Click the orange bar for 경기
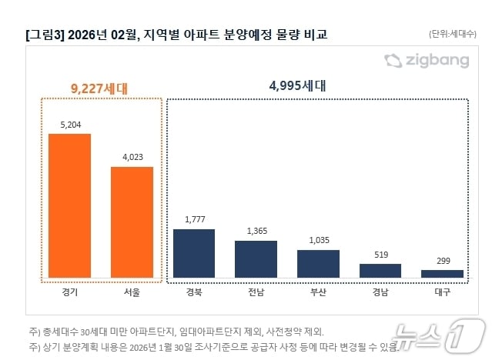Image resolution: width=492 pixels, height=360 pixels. pyautogui.click(x=69, y=205)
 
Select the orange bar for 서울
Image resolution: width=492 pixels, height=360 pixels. pyautogui.click(x=132, y=222)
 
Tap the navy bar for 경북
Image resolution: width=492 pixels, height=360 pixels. pyautogui.click(x=194, y=253)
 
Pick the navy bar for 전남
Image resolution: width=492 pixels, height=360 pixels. pyautogui.click(x=256, y=258)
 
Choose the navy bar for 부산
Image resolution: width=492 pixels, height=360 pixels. pyautogui.click(x=318, y=263)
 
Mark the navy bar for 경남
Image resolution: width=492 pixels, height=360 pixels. pyautogui.click(x=380, y=270)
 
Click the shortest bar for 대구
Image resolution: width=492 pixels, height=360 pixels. pyautogui.click(x=442, y=273)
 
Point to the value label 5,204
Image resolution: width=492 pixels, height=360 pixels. pyautogui.click(x=69, y=125)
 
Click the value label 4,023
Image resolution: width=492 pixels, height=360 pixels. pyautogui.click(x=132, y=157)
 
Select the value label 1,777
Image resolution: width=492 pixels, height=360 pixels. pyautogui.click(x=194, y=220)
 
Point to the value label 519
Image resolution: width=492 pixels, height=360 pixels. pyautogui.click(x=380, y=255)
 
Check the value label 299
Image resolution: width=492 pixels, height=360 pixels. pyautogui.click(x=442, y=261)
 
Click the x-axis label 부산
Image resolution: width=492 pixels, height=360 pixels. pyautogui.click(x=318, y=293)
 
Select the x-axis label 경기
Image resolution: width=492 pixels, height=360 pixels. pyautogui.click(x=69, y=293)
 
